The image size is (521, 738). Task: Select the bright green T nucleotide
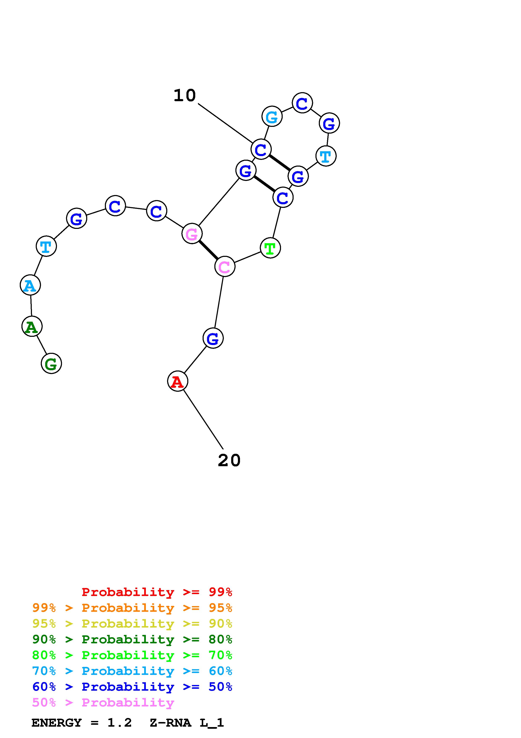coord(270,248)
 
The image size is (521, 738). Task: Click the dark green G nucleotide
coord(51,364)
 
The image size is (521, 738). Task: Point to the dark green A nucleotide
coord(32,327)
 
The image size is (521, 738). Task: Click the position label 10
coord(184,96)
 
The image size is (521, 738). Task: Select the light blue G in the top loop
coord(272,116)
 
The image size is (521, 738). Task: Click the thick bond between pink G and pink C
coord(208,250)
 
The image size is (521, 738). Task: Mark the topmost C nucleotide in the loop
coord(302,103)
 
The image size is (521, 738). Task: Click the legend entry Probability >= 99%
coord(157,592)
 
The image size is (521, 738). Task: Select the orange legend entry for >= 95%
coord(132,608)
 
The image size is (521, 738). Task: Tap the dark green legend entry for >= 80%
coord(132,639)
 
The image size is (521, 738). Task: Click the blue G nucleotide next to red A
coord(213,338)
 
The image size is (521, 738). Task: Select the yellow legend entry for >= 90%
coord(132,624)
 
